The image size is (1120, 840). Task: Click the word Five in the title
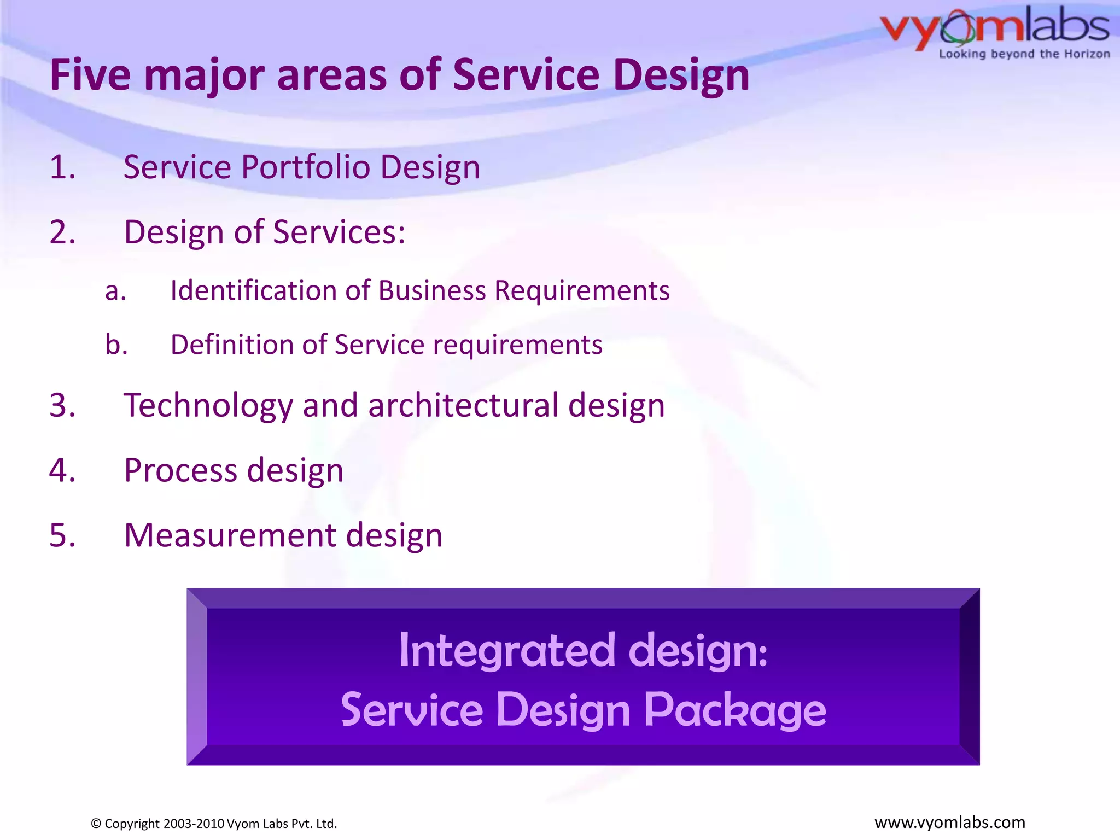pos(90,75)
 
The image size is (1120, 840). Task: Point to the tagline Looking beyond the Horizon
pos(1024,54)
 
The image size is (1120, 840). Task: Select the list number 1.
pos(62,167)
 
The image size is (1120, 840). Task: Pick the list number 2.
pos(62,232)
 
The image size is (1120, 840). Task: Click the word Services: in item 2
pos(339,232)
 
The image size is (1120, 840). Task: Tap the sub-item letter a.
pos(115,291)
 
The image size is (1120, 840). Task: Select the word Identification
pos(254,290)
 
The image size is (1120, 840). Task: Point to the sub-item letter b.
pos(116,345)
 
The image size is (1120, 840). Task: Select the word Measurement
pos(230,535)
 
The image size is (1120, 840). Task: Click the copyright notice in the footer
pos(214,824)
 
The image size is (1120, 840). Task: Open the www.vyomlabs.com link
pos(949,822)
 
